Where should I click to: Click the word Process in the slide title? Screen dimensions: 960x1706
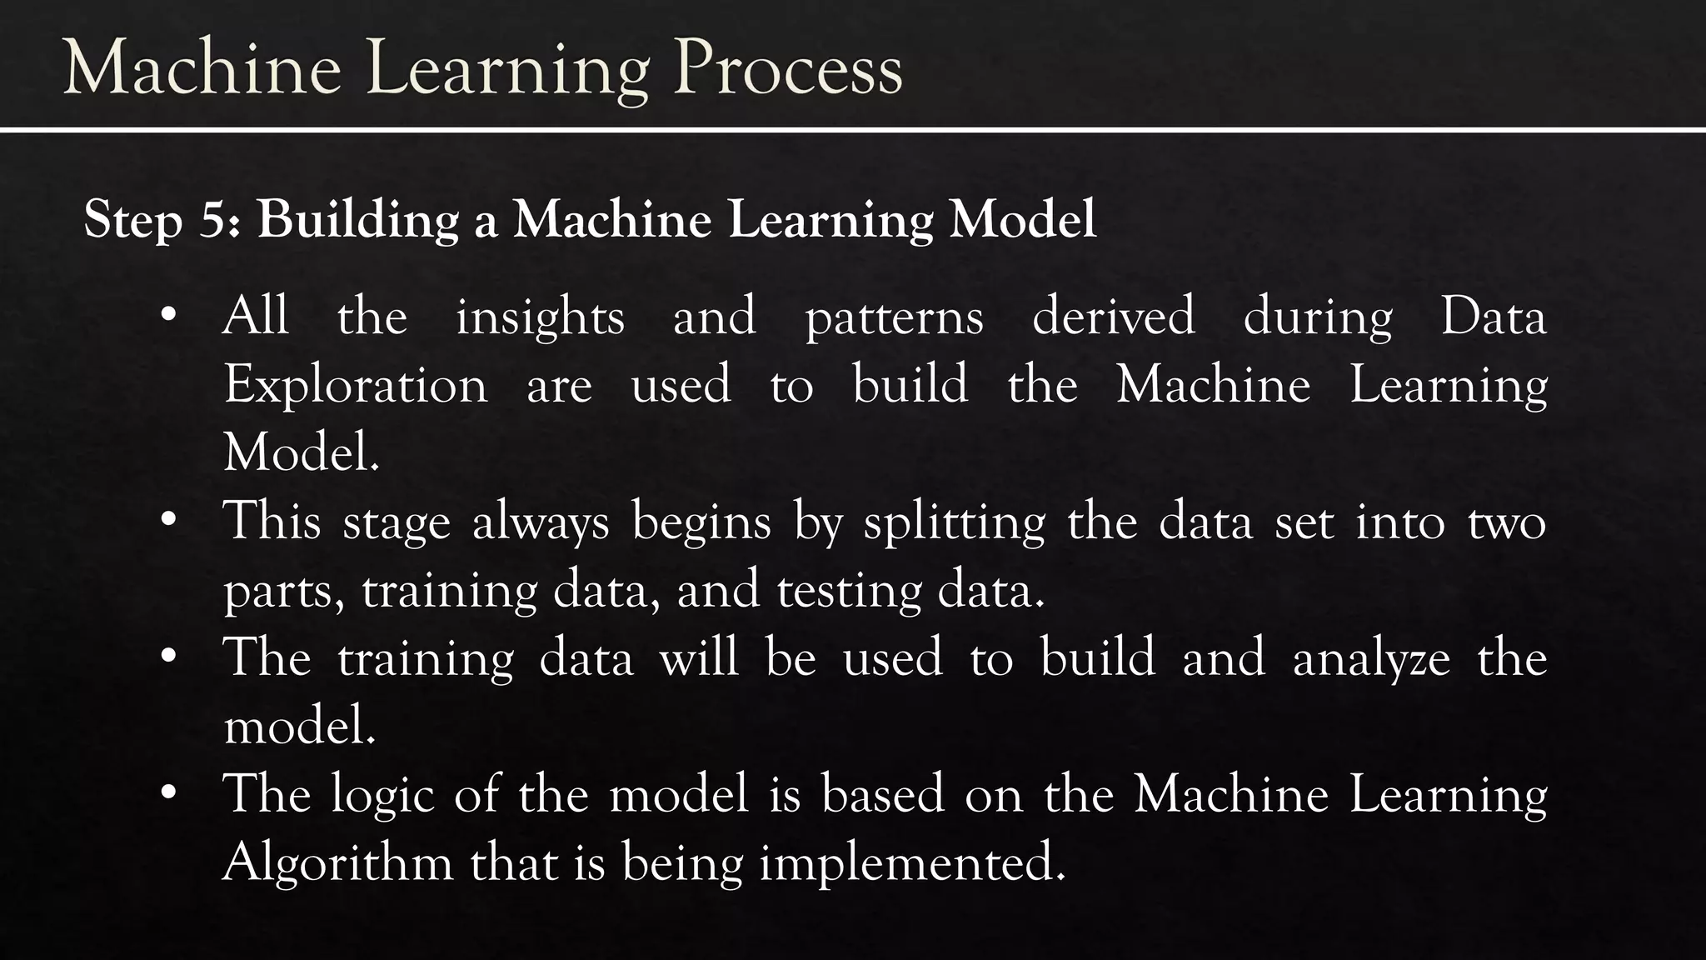788,68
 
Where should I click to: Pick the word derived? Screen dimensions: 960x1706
1113,317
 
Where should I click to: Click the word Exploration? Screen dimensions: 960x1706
356,386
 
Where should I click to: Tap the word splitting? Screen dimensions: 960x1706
955,524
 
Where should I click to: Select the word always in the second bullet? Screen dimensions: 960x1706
541,524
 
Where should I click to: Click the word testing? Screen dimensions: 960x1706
849,592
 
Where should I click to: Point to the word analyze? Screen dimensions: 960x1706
1371,659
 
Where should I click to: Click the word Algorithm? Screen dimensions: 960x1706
337,862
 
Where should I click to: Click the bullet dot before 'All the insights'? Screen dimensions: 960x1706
169,316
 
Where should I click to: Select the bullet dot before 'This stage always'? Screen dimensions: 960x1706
169,521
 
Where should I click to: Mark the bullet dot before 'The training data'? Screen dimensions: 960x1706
169,657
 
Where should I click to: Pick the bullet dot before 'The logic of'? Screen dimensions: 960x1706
169,792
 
